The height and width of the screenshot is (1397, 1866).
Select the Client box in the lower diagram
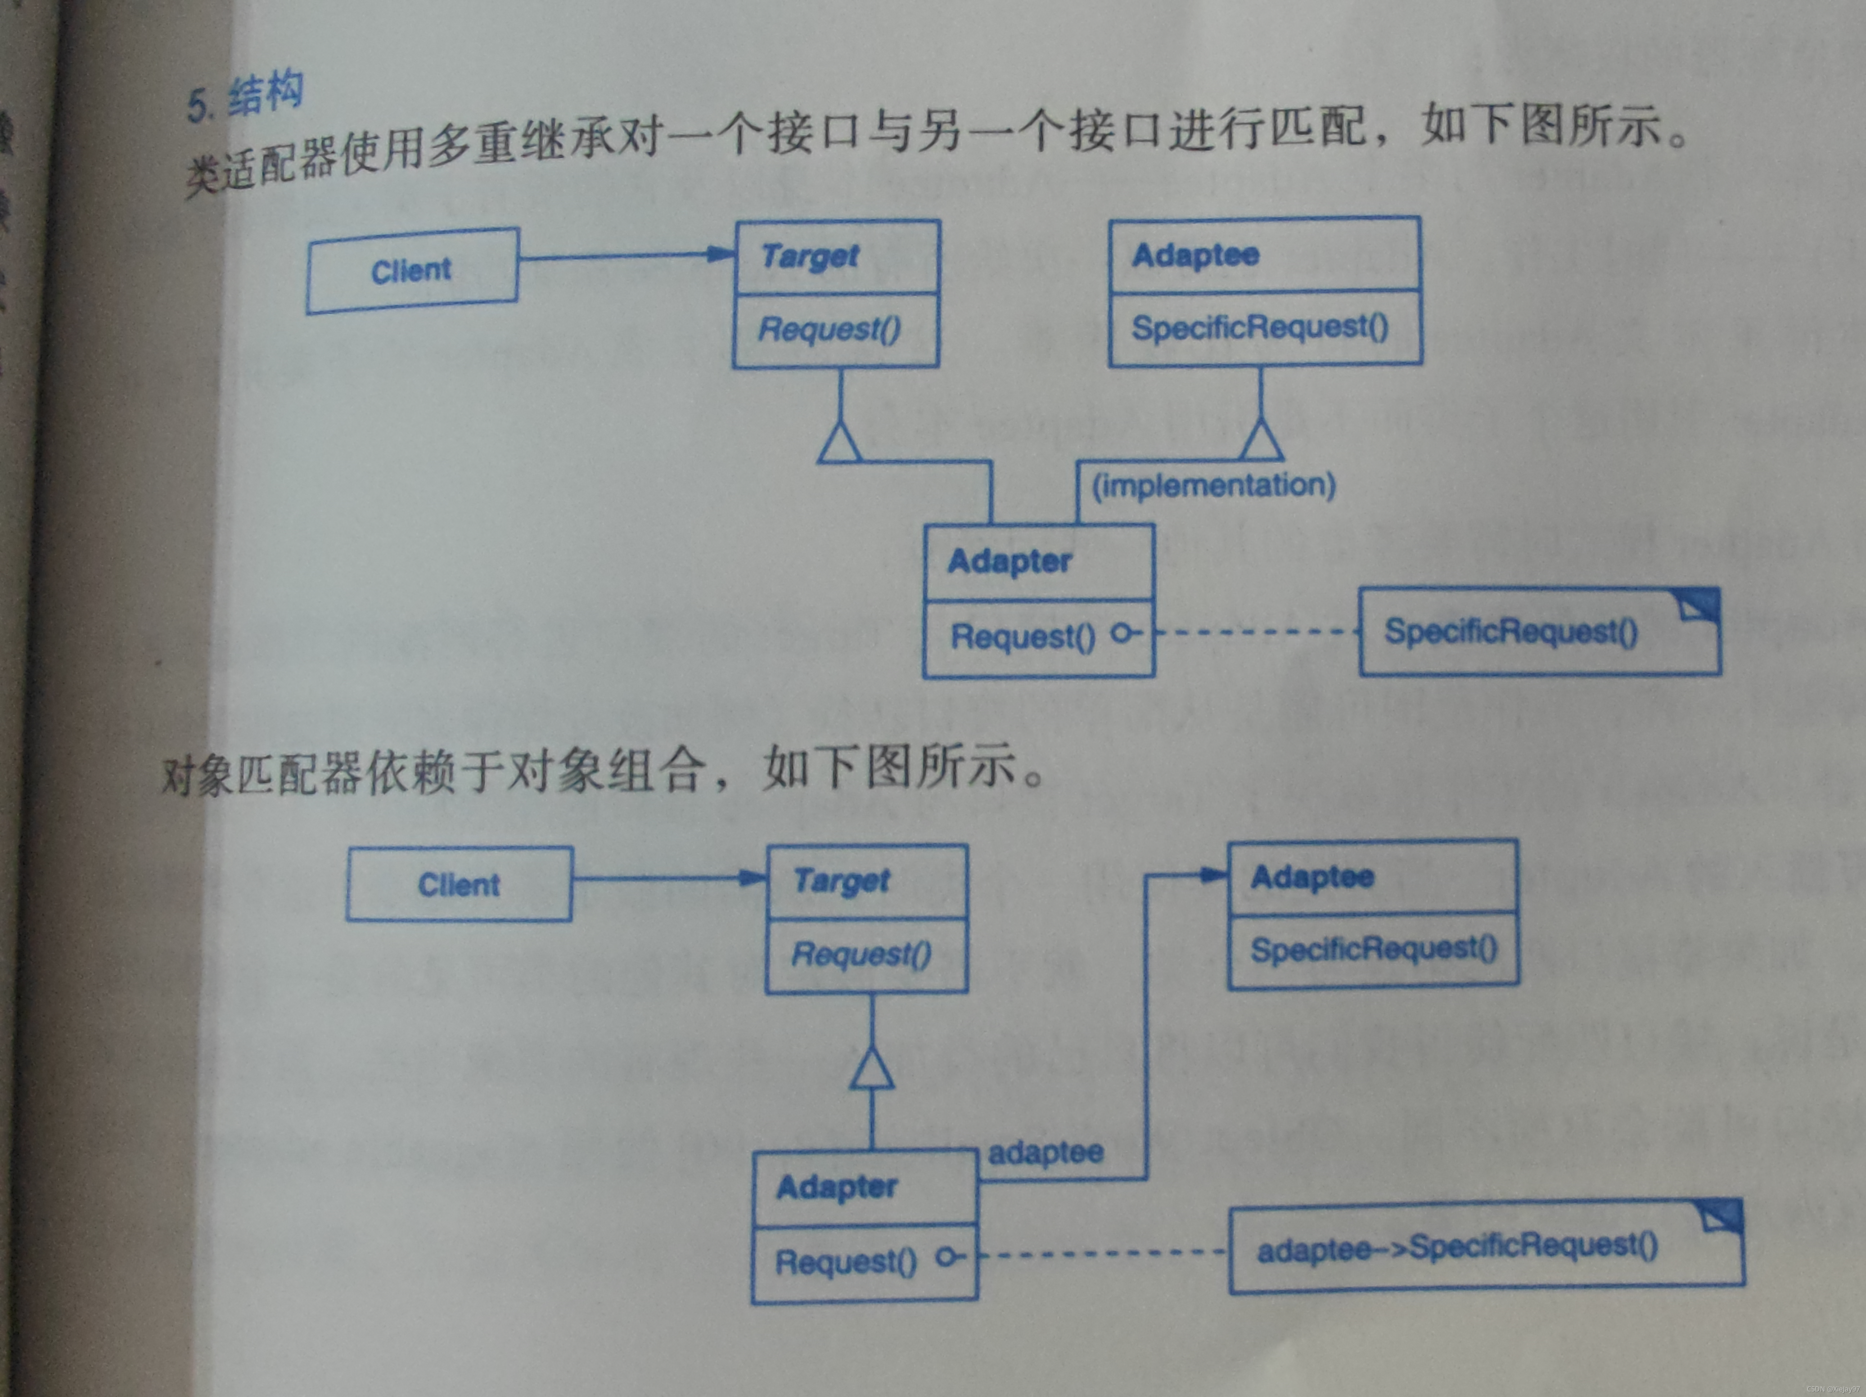pyautogui.click(x=459, y=884)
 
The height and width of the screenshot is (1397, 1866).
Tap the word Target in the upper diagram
pyautogui.click(x=810, y=256)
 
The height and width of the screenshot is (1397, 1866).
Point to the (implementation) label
pyautogui.click(x=1213, y=485)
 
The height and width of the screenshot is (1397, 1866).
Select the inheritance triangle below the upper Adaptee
pyautogui.click(x=1261, y=440)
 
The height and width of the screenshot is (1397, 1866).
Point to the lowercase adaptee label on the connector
pyautogui.click(x=1046, y=1153)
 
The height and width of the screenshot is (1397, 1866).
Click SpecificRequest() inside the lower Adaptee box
pyautogui.click(x=1373, y=949)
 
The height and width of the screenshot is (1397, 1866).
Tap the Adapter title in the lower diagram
pyautogui.click(x=837, y=1187)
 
